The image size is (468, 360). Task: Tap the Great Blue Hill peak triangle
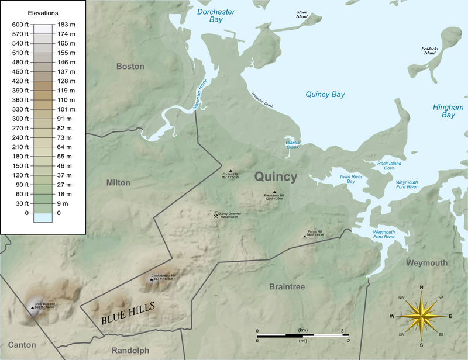32,307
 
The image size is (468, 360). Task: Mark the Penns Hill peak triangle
305,236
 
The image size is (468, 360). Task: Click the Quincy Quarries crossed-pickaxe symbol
216,215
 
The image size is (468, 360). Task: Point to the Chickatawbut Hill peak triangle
152,279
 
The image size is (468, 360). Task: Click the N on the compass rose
421,288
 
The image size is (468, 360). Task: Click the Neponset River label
201,94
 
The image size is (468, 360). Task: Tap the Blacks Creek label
292,144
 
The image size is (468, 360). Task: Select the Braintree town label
287,286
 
